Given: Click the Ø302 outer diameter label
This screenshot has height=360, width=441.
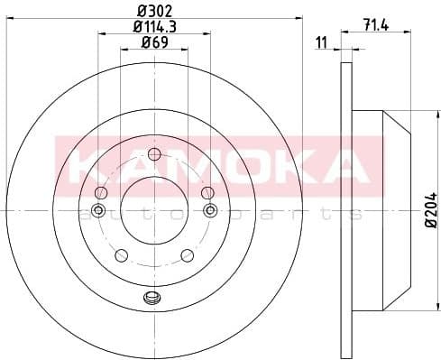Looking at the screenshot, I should tap(153, 11).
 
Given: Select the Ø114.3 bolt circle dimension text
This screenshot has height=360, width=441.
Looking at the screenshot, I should tap(153, 28).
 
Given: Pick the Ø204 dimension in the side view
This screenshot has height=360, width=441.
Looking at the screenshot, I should tap(429, 210).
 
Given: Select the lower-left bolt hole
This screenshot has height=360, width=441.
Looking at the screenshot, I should tap(120, 254).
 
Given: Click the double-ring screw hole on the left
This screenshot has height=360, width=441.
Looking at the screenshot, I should tap(98, 212).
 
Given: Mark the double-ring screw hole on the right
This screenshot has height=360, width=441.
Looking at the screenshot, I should tap(209, 212).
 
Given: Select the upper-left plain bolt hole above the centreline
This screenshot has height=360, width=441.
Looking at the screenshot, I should tap(99, 190).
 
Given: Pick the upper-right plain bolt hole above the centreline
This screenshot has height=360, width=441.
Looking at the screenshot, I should tap(207, 190).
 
